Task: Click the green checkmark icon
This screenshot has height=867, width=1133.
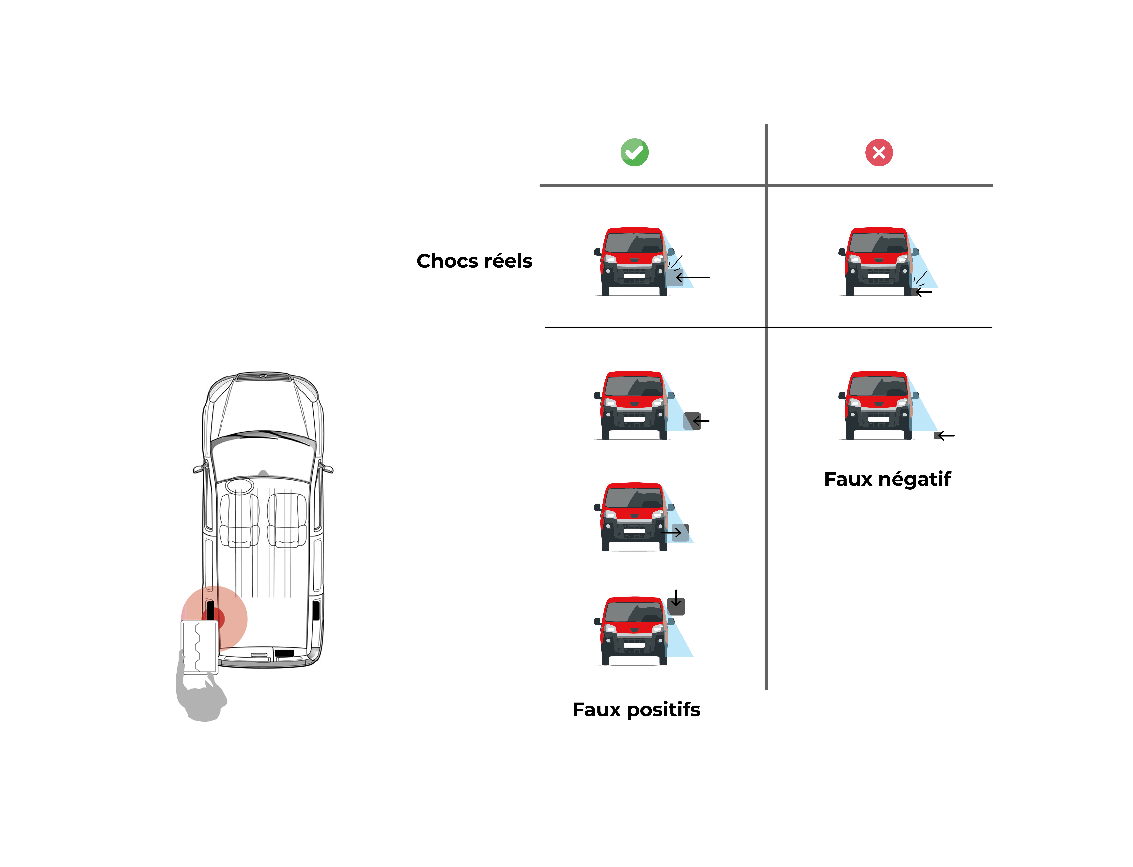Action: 634,152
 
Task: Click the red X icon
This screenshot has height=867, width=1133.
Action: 879,152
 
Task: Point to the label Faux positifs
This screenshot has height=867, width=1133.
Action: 636,710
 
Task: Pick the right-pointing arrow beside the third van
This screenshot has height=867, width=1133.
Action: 671,532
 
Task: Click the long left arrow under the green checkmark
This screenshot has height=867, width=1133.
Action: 693,277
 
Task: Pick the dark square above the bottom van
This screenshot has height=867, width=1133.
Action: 676,606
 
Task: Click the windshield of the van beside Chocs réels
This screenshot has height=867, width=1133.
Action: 634,243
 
